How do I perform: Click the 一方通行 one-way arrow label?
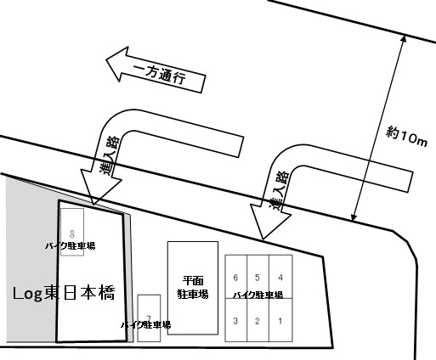tap(160, 75)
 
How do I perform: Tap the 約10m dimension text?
tap(406, 137)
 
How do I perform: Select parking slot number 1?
tap(280, 320)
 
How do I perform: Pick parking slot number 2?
tap(258, 320)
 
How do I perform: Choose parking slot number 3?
tap(236, 320)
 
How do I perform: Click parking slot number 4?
tap(280, 277)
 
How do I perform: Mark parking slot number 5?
tap(258, 277)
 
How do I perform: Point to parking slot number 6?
tap(236, 277)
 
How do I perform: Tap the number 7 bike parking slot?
tap(149, 318)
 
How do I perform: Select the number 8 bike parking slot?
tap(72, 232)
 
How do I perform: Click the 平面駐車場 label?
tap(193, 287)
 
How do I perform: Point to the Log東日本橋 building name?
tap(64, 293)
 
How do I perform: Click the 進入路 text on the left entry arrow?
tap(109, 155)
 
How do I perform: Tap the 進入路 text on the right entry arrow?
tap(279, 190)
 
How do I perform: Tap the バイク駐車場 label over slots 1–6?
tap(258, 295)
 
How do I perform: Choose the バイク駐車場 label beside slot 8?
tap(71, 245)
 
